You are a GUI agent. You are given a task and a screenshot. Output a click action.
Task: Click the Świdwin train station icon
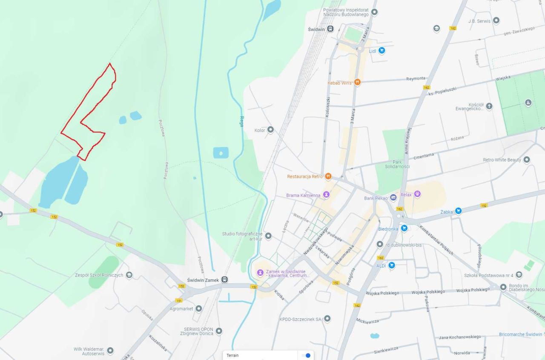click(x=330, y=29)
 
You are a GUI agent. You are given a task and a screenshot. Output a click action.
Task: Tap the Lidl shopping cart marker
click(x=381, y=51)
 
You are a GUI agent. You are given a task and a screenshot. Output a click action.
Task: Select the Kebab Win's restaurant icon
click(x=357, y=82)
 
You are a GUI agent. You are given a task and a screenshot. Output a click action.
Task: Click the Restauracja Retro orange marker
click(x=328, y=176)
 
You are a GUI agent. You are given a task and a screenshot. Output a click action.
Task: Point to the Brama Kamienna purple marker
click(x=326, y=195)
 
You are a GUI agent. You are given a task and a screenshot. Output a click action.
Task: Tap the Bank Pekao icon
click(x=393, y=198)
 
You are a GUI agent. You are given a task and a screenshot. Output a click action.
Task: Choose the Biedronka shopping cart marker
click(x=404, y=228)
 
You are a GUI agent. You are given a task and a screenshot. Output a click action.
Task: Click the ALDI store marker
click(x=391, y=266)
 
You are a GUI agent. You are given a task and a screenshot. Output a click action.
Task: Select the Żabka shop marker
click(x=458, y=211)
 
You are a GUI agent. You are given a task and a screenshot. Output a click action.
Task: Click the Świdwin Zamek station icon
click(x=224, y=280)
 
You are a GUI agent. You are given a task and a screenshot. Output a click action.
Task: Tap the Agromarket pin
click(x=199, y=309)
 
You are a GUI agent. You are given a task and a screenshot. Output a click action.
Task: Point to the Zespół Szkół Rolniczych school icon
click(x=129, y=275)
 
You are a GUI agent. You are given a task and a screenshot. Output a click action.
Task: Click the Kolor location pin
click(x=270, y=130)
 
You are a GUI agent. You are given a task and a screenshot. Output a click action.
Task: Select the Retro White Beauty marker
click(x=527, y=160)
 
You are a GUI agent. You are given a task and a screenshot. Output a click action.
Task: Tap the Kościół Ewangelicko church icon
click(x=489, y=106)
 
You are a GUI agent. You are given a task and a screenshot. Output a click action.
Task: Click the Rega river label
click(x=242, y=121)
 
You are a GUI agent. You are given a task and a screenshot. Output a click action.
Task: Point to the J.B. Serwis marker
click(x=496, y=20)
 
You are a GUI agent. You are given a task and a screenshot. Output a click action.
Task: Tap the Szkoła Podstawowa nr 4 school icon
click(x=519, y=275)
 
